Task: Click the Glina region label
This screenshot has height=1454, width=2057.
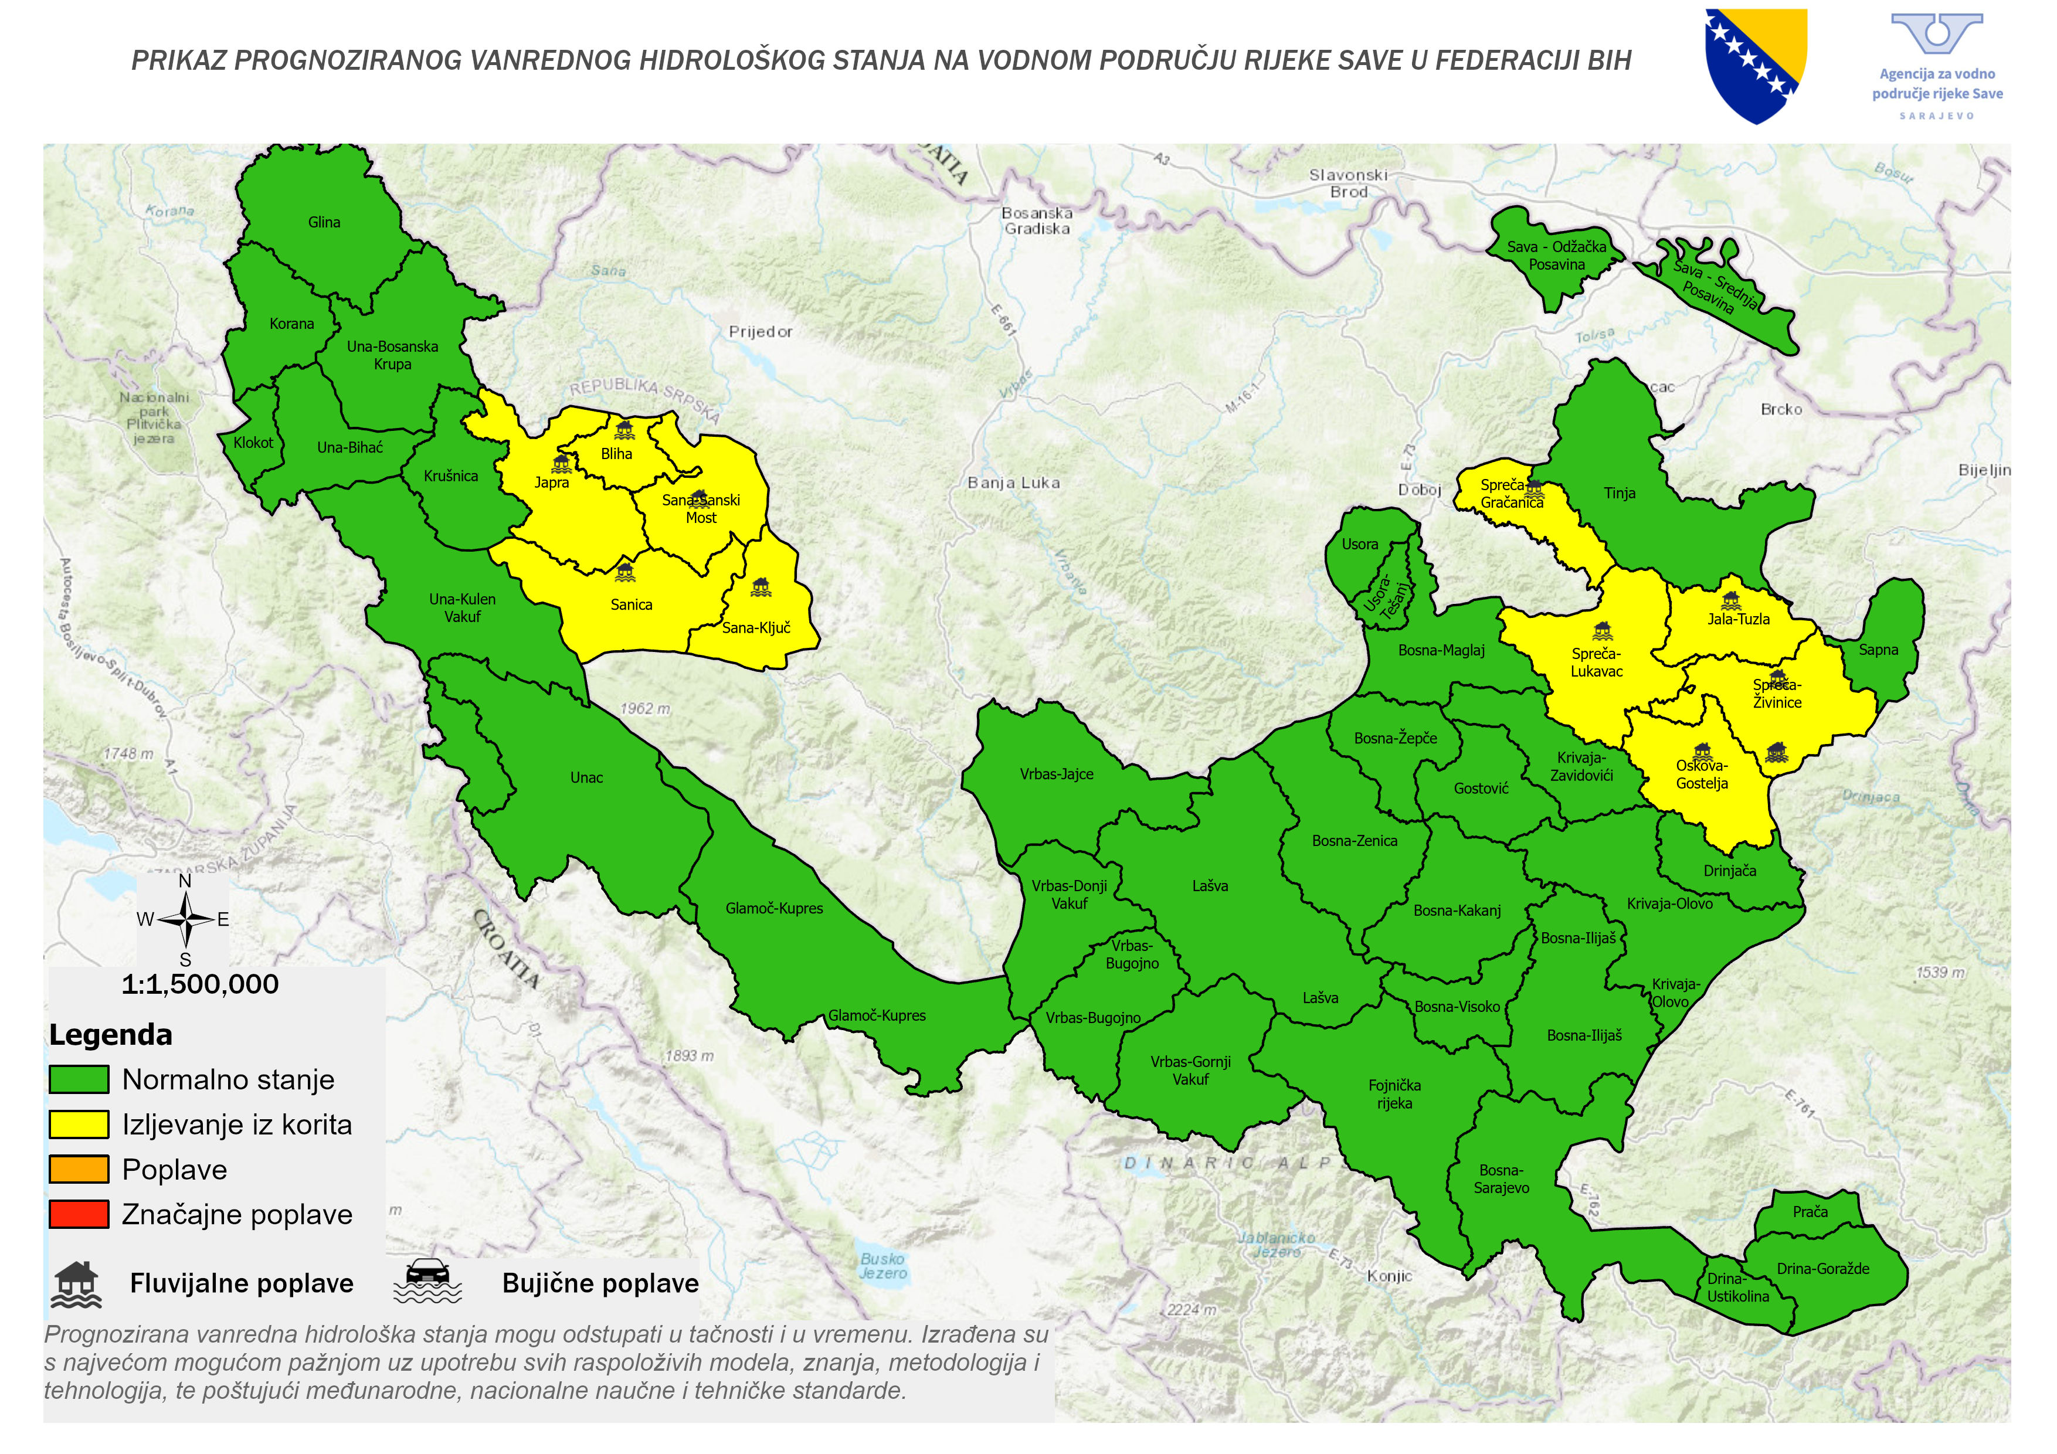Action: pos(324,222)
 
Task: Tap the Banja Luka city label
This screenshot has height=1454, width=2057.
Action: pos(1013,483)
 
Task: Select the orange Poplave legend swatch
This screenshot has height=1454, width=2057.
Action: pos(79,1169)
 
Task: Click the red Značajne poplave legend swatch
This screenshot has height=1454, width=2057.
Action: pos(79,1214)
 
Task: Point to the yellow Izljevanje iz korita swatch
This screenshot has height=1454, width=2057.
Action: pos(79,1125)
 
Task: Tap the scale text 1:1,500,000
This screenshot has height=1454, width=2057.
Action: pos(200,984)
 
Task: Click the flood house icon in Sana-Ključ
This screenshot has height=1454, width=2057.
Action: pos(761,587)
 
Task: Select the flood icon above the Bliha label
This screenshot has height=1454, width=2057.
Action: pos(624,429)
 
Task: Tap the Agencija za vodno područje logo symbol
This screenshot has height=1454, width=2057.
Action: pos(1936,34)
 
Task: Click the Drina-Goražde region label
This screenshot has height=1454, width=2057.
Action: pos(1822,1269)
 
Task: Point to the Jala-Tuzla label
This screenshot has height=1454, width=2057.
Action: pos(1738,619)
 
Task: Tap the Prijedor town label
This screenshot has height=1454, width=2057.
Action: pos(760,331)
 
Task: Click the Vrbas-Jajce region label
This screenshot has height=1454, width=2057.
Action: pos(1056,774)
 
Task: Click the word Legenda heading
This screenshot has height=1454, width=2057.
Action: pos(110,1035)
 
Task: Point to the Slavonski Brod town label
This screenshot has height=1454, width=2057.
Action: pos(1347,183)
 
